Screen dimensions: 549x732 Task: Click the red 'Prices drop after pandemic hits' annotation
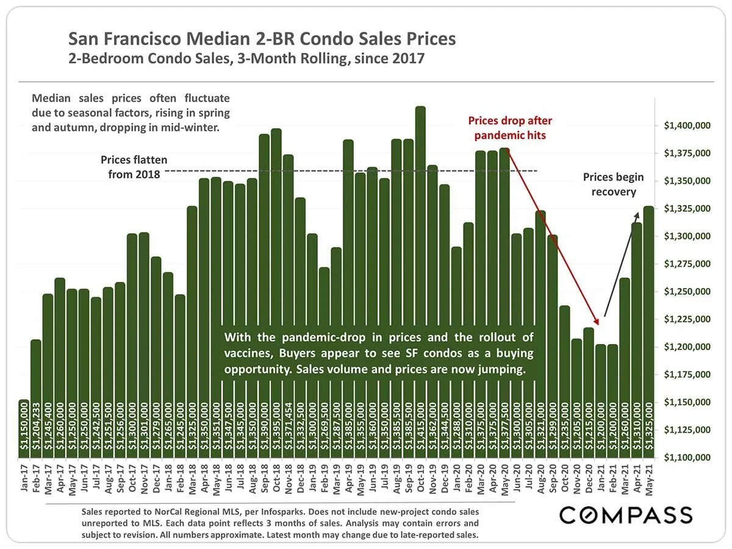pyautogui.click(x=509, y=127)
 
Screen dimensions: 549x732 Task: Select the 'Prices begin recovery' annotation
pyautogui.click(x=612, y=184)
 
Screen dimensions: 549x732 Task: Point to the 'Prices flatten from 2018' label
pyautogui.click(x=132, y=168)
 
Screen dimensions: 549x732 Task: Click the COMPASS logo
pyautogui.click(x=626, y=514)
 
